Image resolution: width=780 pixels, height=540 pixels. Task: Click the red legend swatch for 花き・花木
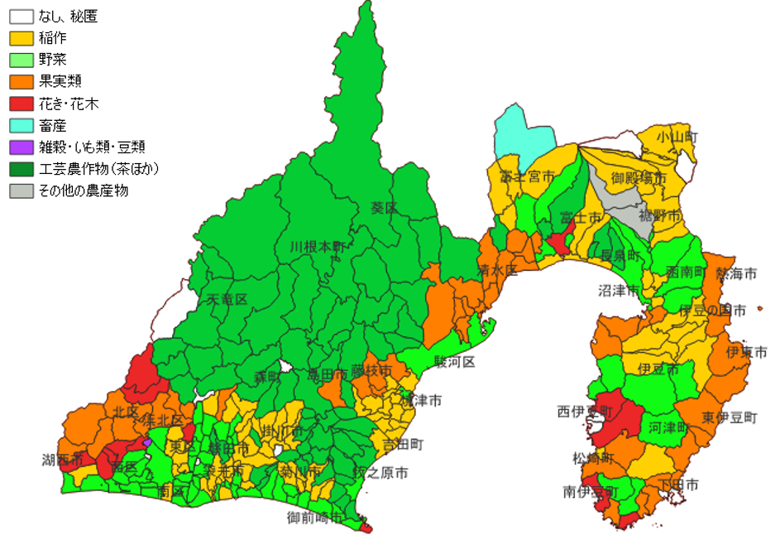click(x=21, y=104)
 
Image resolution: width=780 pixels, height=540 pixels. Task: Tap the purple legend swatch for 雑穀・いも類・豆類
click(x=21, y=147)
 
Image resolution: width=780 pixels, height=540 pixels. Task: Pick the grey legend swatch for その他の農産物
click(x=21, y=190)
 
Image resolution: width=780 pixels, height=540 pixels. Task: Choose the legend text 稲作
click(x=52, y=38)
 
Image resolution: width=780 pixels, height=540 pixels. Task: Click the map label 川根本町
click(x=318, y=247)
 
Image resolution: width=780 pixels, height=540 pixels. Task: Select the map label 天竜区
click(x=227, y=298)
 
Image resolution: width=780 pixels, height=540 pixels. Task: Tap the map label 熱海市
click(x=735, y=272)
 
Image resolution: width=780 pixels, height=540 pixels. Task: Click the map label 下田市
click(x=678, y=484)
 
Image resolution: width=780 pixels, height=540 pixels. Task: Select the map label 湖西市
click(x=63, y=459)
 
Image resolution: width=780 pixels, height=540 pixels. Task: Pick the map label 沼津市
click(x=619, y=291)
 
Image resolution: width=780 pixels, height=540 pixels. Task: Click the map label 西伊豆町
click(x=585, y=411)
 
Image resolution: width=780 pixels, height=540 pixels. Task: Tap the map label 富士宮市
click(x=526, y=176)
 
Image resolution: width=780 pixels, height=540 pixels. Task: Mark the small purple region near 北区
click(x=147, y=443)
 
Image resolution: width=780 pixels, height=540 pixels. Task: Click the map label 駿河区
click(x=455, y=363)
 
